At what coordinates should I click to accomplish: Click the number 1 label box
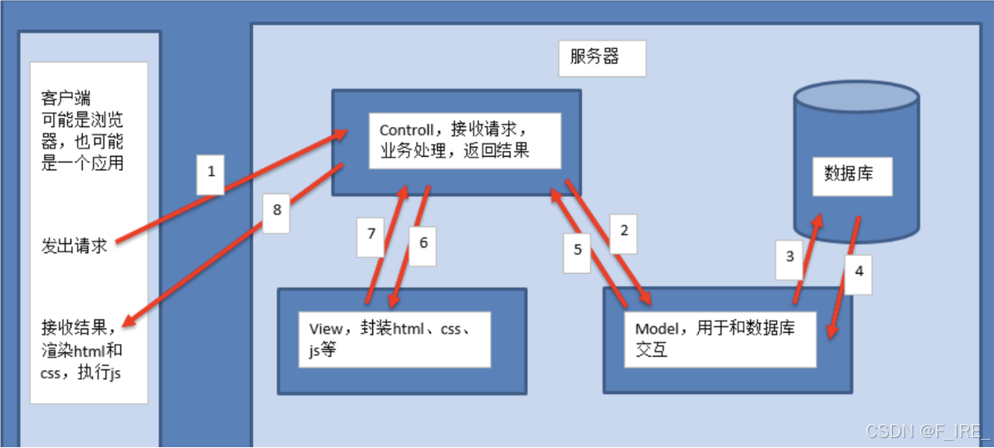pyautogui.click(x=211, y=173)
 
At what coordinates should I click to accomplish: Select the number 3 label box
pyautogui.click(x=790, y=256)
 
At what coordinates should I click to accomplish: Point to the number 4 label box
pyautogui.click(x=859, y=270)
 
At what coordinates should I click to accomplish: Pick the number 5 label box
pyautogui.click(x=578, y=248)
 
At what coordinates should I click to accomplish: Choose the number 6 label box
pyautogui.click(x=423, y=243)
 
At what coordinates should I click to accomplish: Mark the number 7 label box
pyautogui.click(x=371, y=234)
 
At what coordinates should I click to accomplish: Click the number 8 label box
pyautogui.click(x=277, y=209)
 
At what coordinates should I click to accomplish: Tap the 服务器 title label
pyautogui.click(x=595, y=57)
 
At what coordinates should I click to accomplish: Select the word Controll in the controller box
pyautogui.click(x=406, y=130)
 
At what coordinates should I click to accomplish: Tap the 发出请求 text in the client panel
pyautogui.click(x=75, y=246)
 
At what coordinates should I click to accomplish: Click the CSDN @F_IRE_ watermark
pyautogui.click(x=928, y=431)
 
